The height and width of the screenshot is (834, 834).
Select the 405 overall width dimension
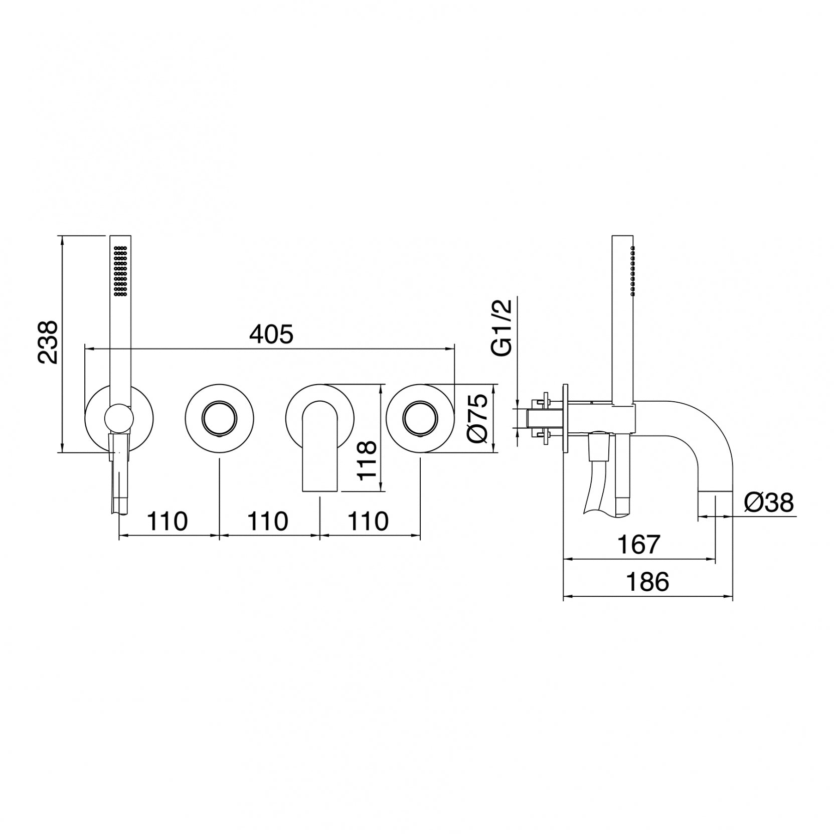(x=271, y=335)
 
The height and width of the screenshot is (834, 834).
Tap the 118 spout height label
(x=367, y=460)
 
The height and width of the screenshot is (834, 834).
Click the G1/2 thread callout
(x=502, y=327)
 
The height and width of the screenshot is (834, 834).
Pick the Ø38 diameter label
(x=769, y=503)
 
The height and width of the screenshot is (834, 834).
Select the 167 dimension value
(x=638, y=545)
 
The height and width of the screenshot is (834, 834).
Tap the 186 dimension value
(x=647, y=582)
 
